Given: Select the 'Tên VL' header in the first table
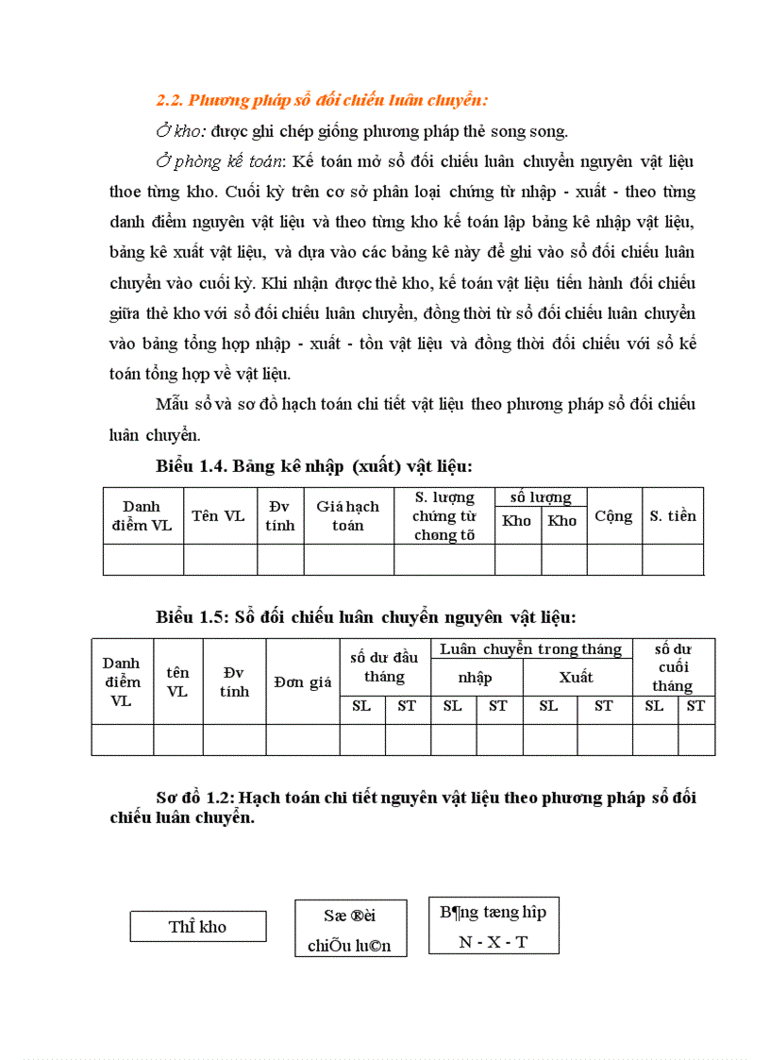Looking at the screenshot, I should [218, 515].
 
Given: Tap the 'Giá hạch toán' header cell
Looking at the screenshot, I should [347, 515].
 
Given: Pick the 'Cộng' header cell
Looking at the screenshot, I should [613, 515].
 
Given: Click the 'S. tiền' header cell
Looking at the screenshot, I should [673, 515].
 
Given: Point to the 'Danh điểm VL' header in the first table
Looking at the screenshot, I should [142, 515].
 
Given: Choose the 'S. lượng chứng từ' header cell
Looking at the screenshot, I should [444, 515].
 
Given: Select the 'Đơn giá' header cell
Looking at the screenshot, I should [302, 681].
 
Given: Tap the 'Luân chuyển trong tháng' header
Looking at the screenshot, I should [530, 648].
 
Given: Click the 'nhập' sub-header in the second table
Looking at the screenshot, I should [475, 678].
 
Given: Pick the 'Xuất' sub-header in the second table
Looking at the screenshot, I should [576, 678].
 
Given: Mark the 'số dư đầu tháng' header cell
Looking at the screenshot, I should [384, 667].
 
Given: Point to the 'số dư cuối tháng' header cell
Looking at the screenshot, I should [672, 667].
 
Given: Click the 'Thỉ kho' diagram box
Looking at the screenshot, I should [197, 926].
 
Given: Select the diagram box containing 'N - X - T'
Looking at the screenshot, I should [493, 926].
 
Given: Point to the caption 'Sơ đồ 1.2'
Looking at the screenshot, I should [195, 798].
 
